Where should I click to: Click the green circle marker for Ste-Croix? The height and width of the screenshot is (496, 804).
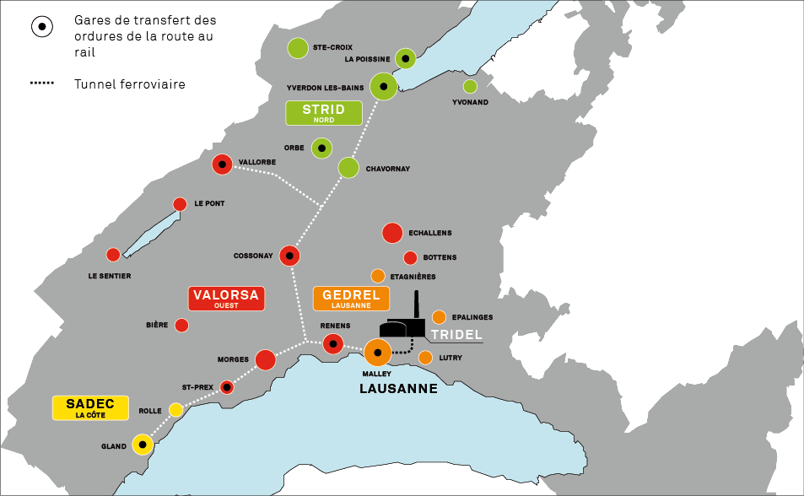point(297,48)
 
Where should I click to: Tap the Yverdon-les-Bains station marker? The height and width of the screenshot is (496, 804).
point(384,86)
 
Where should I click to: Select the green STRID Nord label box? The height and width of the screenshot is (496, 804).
point(324,113)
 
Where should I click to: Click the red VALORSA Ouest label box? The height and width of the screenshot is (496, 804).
point(226,299)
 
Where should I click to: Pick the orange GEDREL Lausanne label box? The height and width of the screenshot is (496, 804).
point(352,299)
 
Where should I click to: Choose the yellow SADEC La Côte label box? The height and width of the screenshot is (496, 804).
point(90,407)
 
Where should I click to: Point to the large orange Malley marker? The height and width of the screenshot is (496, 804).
point(378,353)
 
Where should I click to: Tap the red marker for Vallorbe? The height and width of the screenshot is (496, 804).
point(223,164)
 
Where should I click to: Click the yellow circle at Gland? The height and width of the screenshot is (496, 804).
point(142,445)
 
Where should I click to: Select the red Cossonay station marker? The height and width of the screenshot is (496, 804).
point(289,255)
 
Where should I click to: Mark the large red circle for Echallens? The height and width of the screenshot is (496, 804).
point(392,233)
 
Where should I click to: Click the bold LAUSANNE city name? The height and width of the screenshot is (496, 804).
point(398,389)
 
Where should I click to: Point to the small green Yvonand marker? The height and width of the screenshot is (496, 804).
point(470,86)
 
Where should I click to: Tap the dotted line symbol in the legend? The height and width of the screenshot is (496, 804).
point(42,84)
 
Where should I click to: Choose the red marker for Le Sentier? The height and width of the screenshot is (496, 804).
point(113,255)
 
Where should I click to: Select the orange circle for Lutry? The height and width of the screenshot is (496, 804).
point(425,358)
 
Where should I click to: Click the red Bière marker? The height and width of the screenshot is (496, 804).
point(181,325)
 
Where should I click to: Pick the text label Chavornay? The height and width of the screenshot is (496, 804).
point(387,169)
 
